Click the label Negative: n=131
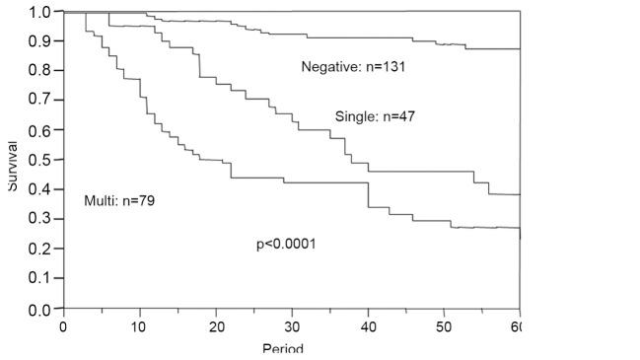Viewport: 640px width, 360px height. [353, 67]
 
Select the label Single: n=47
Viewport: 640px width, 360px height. [375, 116]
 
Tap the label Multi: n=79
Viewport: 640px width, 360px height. [119, 200]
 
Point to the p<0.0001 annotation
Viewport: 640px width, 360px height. [286, 244]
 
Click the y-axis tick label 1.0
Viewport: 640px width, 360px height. [39, 12]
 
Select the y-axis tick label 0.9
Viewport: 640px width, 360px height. [39, 41]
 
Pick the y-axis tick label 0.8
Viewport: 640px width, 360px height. [39, 71]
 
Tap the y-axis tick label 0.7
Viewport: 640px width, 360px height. [39, 101]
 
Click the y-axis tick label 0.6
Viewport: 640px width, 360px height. [39, 130]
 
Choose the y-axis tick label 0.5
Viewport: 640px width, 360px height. [39, 160]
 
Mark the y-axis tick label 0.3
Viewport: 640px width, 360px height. [39, 219]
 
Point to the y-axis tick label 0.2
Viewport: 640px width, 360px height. [39, 249]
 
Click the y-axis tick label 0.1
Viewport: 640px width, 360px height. [39, 278]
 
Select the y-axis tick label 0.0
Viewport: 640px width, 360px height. [39, 309]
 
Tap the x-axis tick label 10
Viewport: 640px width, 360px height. [139, 326]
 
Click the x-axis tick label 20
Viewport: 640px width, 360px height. [215, 326]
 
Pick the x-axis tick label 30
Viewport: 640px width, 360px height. [292, 326]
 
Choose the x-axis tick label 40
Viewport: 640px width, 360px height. [368, 326]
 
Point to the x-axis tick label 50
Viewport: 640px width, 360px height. [444, 326]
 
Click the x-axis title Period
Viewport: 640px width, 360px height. [283, 349]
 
